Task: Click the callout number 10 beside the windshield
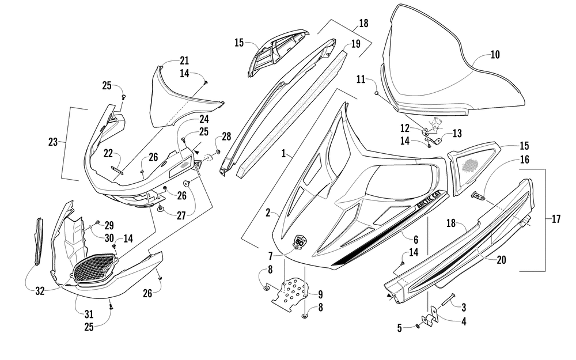point(495,55)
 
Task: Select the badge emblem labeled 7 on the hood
point(300,243)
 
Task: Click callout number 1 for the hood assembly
point(283,154)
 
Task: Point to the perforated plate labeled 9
point(290,290)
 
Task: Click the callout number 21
point(184,60)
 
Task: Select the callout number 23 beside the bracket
point(53,142)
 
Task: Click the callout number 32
point(40,291)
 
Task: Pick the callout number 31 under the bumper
point(89,314)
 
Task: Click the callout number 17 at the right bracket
point(556,219)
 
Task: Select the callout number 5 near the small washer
point(400,328)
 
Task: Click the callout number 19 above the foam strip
point(355,44)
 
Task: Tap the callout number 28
point(226,137)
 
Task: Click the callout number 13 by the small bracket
point(457,134)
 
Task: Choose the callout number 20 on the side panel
point(502,260)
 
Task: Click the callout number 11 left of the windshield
point(361,79)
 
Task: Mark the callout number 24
point(204,119)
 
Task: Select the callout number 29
point(109,226)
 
